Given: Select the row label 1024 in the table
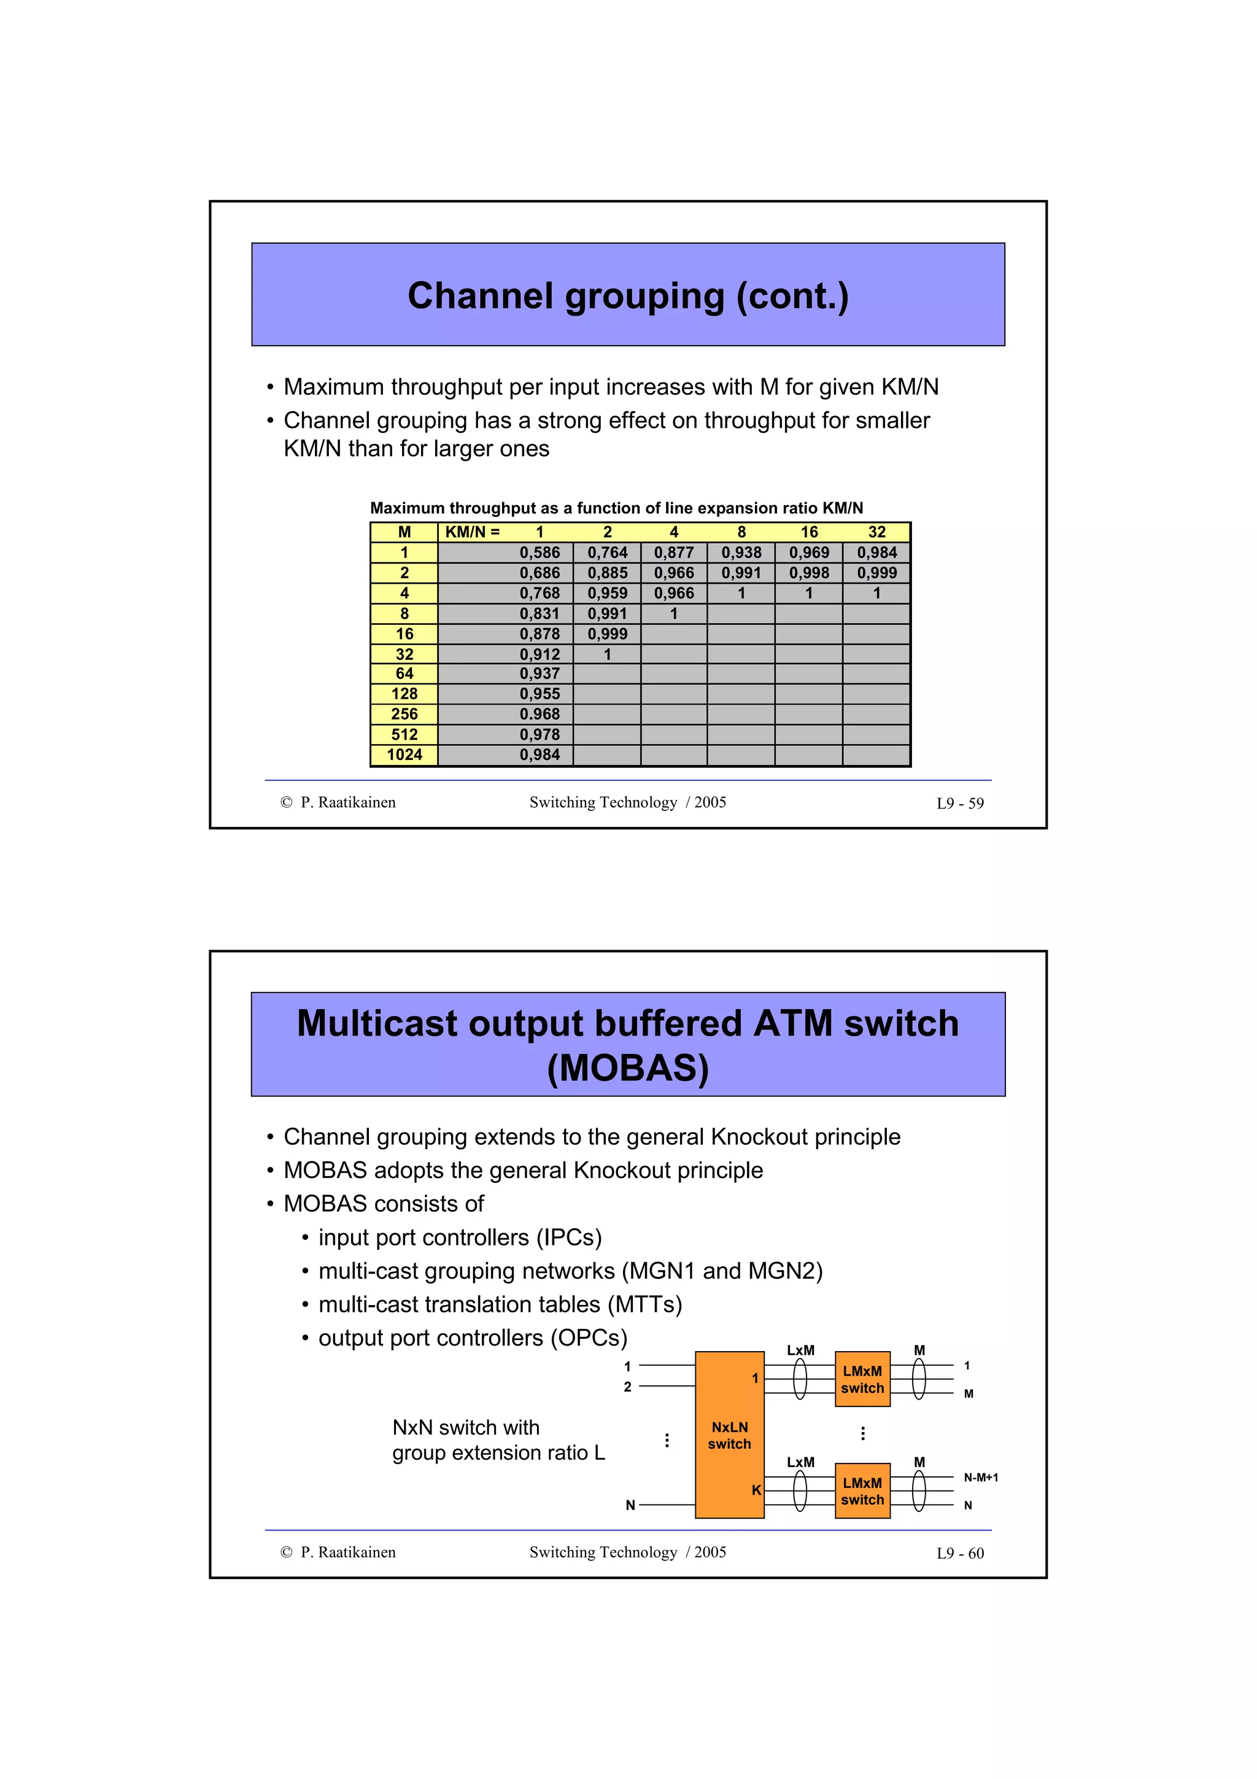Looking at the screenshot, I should (404, 754).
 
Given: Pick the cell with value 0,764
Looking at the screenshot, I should (607, 552).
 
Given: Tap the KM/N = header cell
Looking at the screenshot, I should (473, 532).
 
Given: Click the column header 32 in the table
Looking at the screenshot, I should (876, 532).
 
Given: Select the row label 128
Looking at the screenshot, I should (404, 694).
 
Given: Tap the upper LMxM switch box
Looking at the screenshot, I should (862, 1379).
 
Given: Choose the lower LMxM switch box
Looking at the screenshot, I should (862, 1490).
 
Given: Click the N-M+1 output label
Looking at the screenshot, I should (981, 1478).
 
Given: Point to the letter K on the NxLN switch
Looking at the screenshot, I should (756, 1490).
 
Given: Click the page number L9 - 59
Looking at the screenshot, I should (959, 804).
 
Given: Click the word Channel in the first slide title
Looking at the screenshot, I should (480, 296).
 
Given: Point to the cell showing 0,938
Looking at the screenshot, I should (741, 552).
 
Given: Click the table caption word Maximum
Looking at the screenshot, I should (408, 508).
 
